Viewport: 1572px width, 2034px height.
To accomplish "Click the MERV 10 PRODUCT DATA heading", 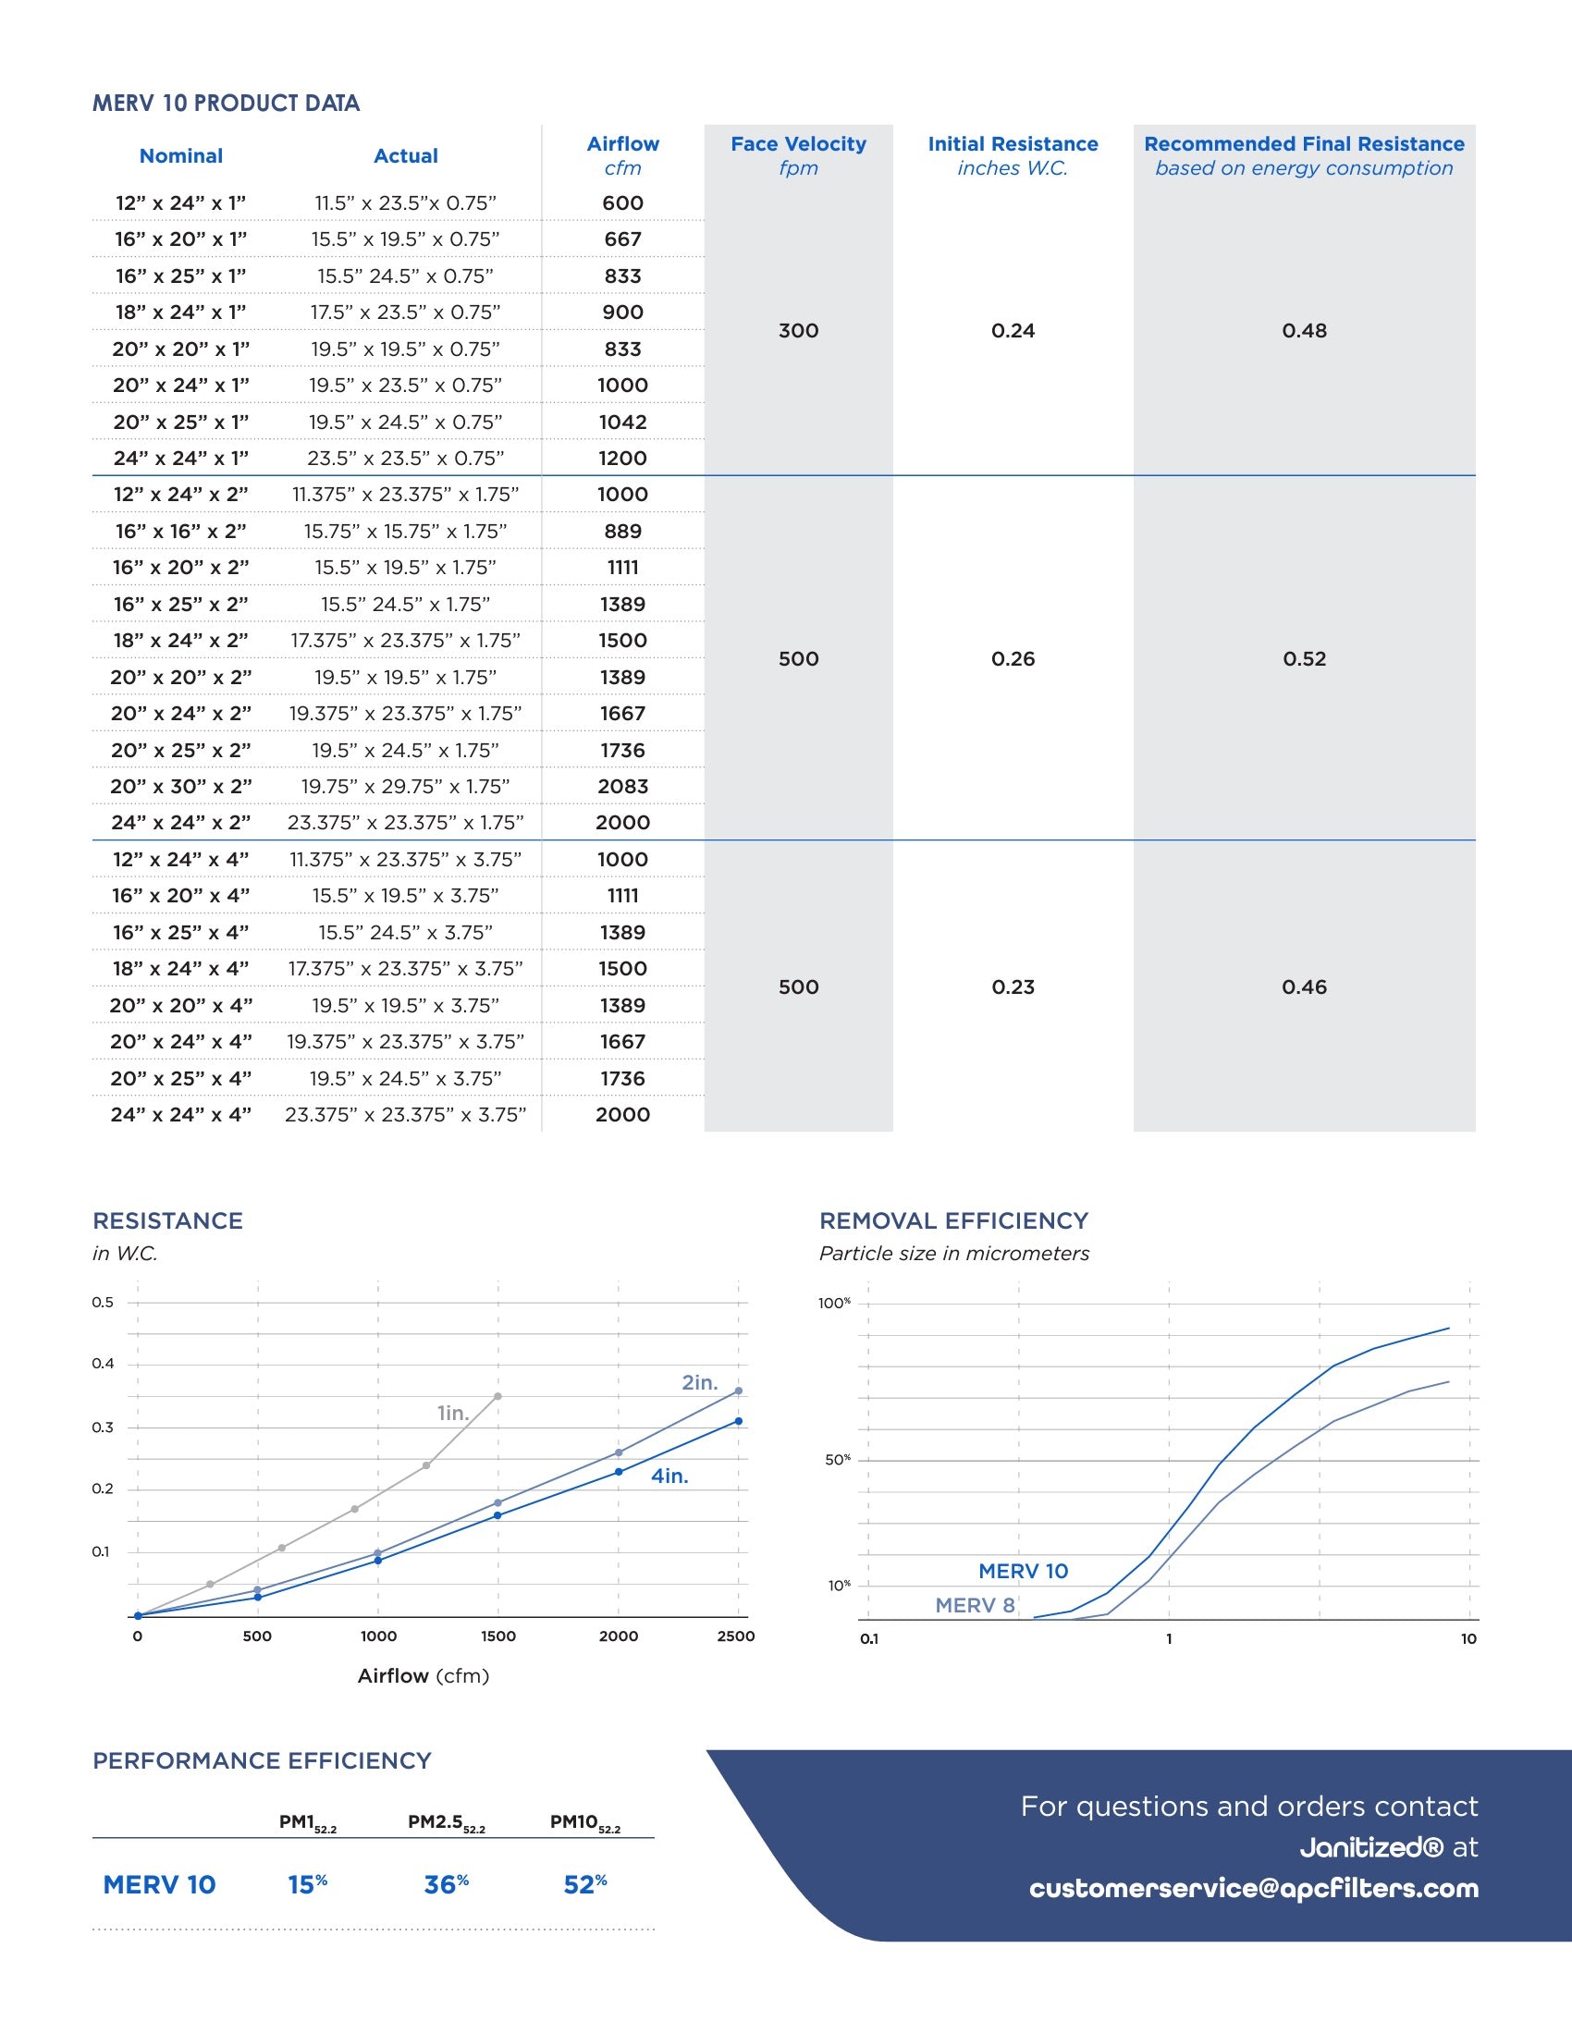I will (x=226, y=104).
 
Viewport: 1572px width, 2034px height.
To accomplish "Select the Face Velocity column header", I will (x=798, y=144).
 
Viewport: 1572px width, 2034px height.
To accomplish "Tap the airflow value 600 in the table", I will (x=622, y=203).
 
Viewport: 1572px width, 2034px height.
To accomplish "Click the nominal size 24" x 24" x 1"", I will (x=180, y=459).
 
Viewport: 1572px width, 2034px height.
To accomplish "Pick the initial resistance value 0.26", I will (x=1013, y=658).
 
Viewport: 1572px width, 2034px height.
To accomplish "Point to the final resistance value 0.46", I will (x=1304, y=987).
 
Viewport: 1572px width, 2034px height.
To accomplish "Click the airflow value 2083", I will (x=622, y=786).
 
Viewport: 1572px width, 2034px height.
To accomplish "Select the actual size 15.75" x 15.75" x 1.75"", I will (x=405, y=531).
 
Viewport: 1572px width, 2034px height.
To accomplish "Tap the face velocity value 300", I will (x=798, y=331).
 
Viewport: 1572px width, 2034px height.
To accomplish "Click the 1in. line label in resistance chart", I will (x=452, y=1413).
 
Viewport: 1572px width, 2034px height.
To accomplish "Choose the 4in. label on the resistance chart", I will (x=669, y=1476).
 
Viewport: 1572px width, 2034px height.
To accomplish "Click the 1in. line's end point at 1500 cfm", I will (x=498, y=1396).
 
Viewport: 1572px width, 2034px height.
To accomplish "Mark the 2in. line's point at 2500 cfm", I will (x=739, y=1391).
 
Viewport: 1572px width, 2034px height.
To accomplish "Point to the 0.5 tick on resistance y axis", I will (x=103, y=1302).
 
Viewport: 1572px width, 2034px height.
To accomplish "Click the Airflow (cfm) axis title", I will (x=424, y=1676).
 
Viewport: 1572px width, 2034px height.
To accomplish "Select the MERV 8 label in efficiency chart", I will (x=974, y=1606).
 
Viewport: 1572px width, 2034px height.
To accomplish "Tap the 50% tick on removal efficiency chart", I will (x=837, y=1459).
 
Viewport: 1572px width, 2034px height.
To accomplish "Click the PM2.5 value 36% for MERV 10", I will (x=446, y=1885).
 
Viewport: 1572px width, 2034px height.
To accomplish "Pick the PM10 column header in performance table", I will (x=584, y=1822).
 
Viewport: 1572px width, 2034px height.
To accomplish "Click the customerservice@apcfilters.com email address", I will (x=1254, y=1889).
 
